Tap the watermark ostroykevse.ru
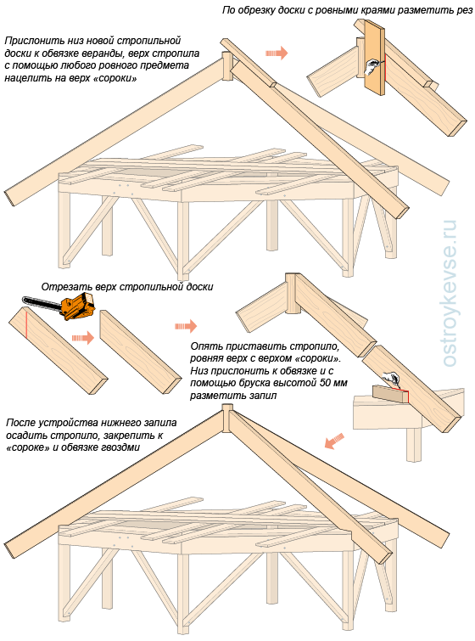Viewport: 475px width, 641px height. point(450,293)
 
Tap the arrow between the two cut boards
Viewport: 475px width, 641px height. point(83,338)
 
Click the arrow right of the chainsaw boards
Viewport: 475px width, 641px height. point(187,326)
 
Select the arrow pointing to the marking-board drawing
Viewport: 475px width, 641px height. point(277,53)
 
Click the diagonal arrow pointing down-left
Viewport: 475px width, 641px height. point(334,441)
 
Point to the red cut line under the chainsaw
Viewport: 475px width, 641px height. point(25,323)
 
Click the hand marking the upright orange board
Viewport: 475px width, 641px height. point(373,66)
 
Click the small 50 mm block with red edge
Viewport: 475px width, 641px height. point(390,393)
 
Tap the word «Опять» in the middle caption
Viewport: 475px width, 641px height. point(204,347)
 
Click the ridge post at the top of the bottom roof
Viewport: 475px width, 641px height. point(227,419)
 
